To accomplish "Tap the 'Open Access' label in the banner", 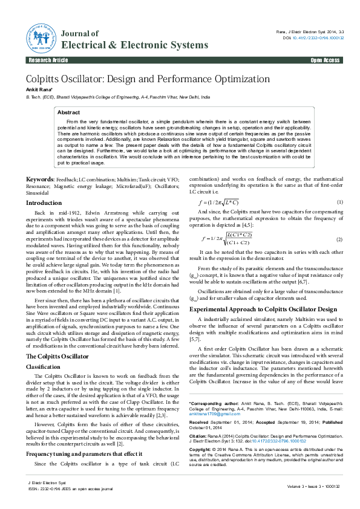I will click(x=326, y=61).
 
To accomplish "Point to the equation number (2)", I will click(x=340, y=240).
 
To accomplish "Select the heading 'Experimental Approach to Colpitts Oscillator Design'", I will click(x=263, y=309).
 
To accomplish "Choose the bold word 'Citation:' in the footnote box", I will click(x=198, y=435).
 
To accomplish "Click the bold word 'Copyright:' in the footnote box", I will click(x=201, y=450).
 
